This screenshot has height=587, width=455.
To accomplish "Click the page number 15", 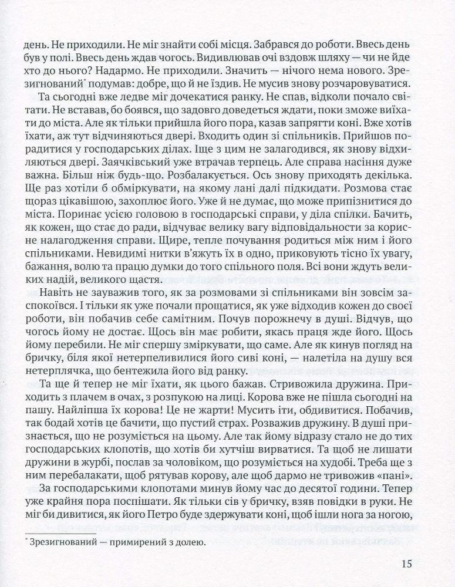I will click(409, 564).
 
